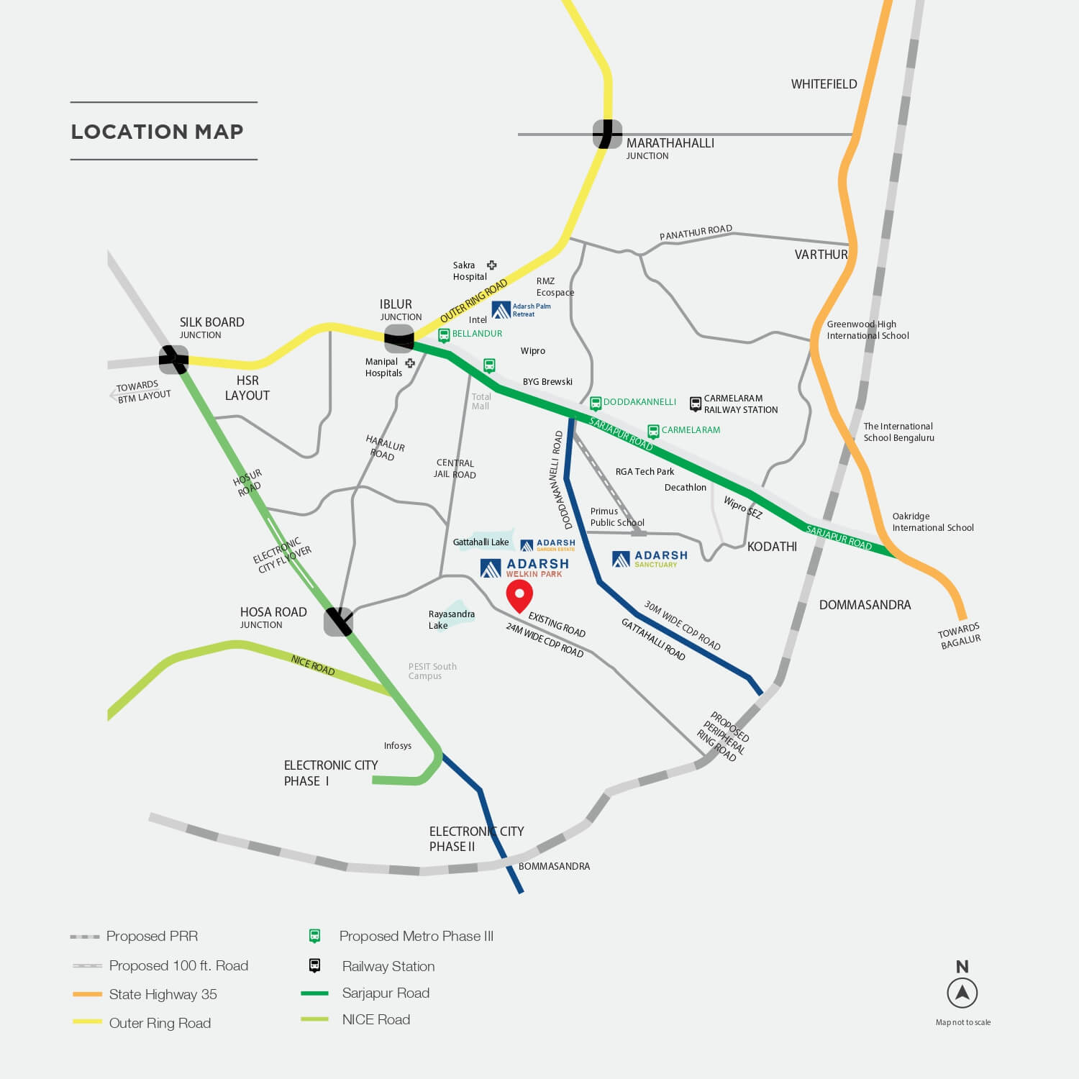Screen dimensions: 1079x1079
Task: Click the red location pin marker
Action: [519, 594]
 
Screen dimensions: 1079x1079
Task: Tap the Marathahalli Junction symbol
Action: [607, 134]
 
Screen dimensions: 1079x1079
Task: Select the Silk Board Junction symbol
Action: [173, 360]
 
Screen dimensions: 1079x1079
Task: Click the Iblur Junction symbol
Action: [399, 339]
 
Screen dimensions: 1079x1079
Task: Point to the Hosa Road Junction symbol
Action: [338, 622]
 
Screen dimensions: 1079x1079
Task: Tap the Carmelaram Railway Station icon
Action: [696, 404]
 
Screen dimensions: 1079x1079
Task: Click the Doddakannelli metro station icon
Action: [596, 403]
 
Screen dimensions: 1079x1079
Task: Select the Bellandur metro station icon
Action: [444, 335]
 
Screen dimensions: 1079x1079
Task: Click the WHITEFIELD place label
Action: [824, 84]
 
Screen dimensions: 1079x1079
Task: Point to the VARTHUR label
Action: [821, 255]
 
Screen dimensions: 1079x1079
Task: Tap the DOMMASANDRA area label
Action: [865, 605]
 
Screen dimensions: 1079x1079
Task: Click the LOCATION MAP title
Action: [157, 132]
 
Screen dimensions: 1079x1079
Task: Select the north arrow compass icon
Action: [962, 993]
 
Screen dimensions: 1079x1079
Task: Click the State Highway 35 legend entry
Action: [163, 994]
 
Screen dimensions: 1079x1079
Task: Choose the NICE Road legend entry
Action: [375, 1019]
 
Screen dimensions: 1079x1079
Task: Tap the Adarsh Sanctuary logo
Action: [650, 559]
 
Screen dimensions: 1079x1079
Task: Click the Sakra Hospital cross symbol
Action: [492, 265]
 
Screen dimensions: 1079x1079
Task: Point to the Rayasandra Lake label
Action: [451, 619]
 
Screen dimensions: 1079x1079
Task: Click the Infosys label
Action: [397, 746]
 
